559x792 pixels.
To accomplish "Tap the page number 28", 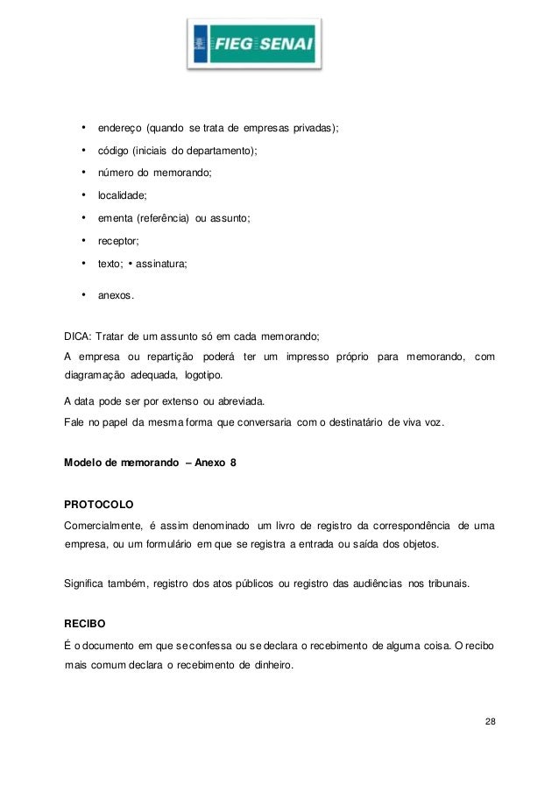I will pyautogui.click(x=489, y=722).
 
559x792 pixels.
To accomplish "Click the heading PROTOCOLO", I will pyautogui.click(x=98, y=505).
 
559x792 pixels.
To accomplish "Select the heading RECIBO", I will pyautogui.click(x=85, y=625).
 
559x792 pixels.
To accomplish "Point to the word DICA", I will pyautogui.click(x=78, y=336).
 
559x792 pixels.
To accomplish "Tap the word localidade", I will pyautogui.click(x=122, y=194).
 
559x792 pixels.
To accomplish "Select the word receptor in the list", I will pyautogui.click(x=117, y=239).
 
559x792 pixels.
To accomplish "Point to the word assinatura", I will pyautogui.click(x=161, y=262).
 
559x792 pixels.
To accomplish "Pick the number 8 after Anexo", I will pyautogui.click(x=232, y=461).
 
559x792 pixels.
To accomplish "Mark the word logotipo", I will pyautogui.click(x=201, y=376).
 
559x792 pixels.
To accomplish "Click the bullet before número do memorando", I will pyautogui.click(x=82, y=172).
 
